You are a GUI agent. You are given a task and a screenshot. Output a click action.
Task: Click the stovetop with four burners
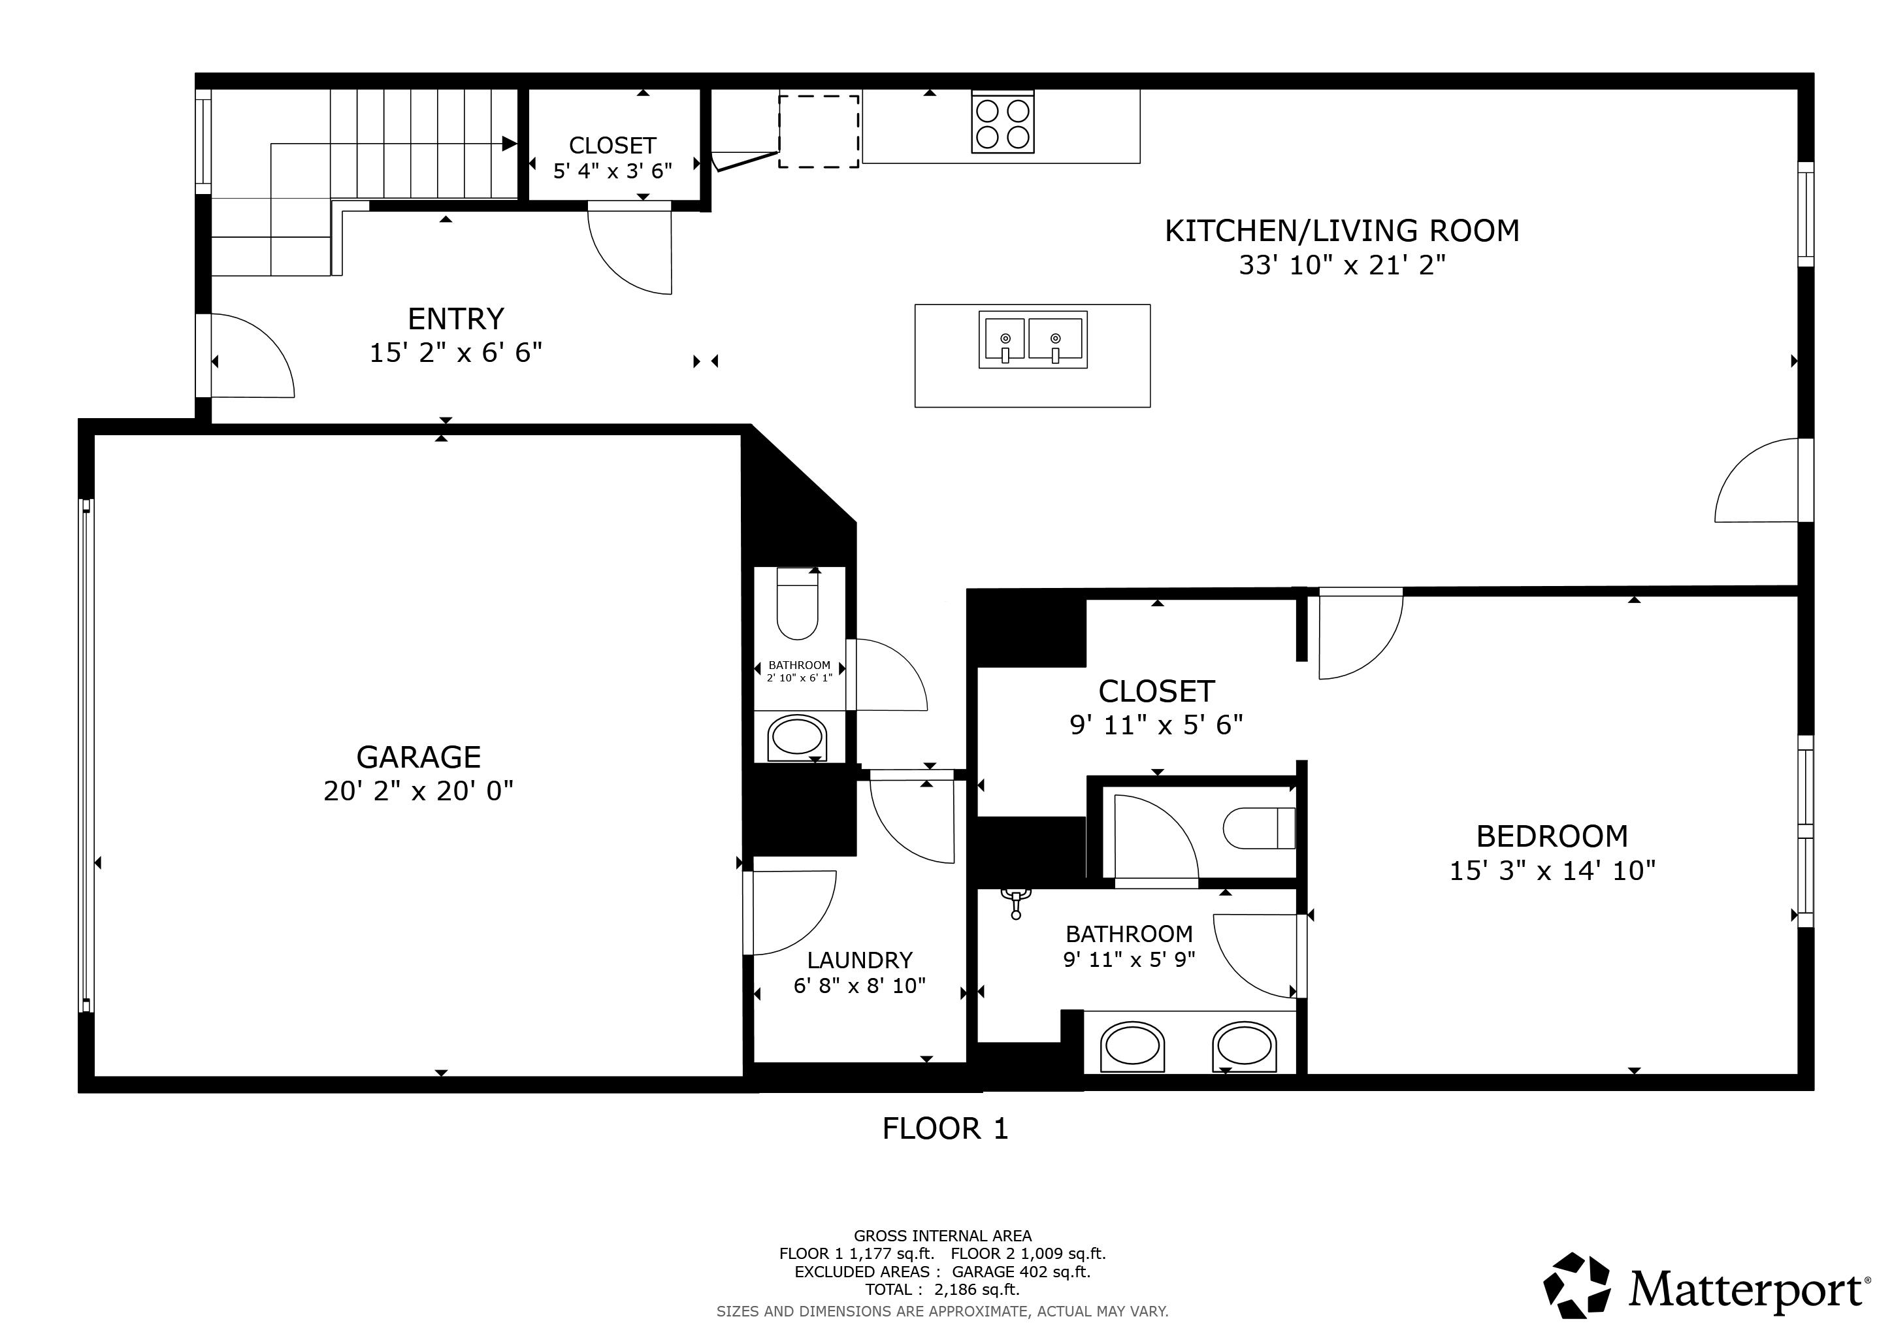[x=1003, y=122]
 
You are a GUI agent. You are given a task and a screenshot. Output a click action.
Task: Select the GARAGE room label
[x=419, y=757]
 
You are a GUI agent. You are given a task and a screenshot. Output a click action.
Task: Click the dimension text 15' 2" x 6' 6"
[x=456, y=353]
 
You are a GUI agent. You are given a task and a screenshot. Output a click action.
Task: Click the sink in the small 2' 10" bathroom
[x=797, y=736]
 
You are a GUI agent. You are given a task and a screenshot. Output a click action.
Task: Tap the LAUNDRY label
[x=860, y=960]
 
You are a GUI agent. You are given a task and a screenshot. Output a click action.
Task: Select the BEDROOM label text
[x=1552, y=836]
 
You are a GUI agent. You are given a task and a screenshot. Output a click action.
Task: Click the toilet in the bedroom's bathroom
[x=1259, y=828]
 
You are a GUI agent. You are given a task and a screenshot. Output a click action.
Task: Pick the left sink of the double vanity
[x=1133, y=1047]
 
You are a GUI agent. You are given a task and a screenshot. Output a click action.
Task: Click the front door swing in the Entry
[x=252, y=356]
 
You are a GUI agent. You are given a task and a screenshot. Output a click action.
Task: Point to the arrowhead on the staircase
[x=509, y=143]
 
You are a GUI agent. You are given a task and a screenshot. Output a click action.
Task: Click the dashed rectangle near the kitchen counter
[x=819, y=132]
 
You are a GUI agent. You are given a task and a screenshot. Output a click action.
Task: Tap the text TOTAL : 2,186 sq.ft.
[x=942, y=1290]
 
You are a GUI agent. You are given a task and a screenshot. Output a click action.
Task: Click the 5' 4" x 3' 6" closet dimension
[x=612, y=171]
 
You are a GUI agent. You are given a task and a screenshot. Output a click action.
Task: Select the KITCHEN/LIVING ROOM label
[x=1341, y=231]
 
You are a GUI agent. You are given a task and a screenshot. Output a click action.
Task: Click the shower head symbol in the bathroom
[x=1016, y=900]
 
